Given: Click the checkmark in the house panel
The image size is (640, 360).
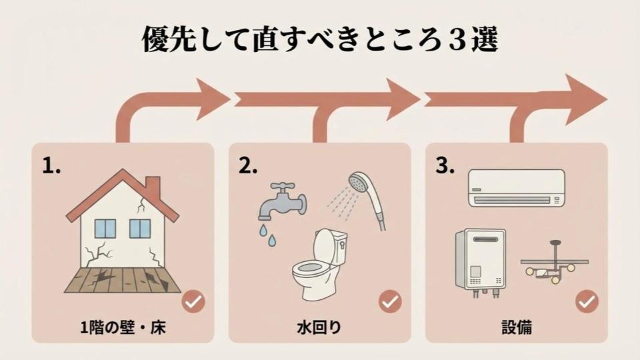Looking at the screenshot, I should pos(193,302).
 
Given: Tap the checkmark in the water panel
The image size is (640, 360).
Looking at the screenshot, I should pos(390,302).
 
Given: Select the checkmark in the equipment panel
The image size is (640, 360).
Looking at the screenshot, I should pos(587,302).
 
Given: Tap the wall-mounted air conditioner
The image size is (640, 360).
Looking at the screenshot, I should pos(515,187).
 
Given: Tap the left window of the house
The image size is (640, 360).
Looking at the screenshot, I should pos(105,229).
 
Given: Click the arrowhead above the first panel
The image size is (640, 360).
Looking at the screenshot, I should pos(212,99).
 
